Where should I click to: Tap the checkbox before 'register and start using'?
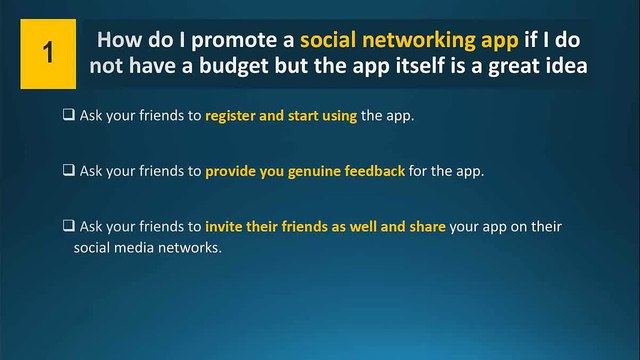(x=69, y=116)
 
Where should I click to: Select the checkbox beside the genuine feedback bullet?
(x=69, y=171)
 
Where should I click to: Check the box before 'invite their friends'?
(x=69, y=226)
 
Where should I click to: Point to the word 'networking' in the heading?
(x=424, y=42)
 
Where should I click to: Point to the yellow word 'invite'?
(x=225, y=226)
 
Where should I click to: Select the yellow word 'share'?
(x=426, y=226)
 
